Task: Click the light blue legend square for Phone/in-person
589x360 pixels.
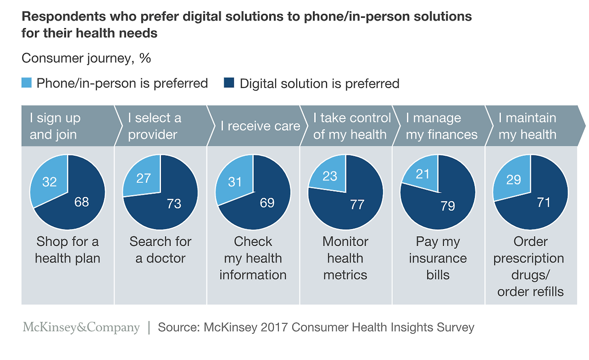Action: pyautogui.click(x=27, y=83)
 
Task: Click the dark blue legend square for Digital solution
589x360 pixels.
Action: pyautogui.click(x=229, y=83)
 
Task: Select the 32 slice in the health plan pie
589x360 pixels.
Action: pyautogui.click(x=49, y=181)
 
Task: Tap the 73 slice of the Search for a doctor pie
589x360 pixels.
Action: pyautogui.click(x=173, y=205)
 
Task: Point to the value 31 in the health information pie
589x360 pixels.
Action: pyautogui.click(x=235, y=182)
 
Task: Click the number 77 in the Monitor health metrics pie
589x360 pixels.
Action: pyautogui.click(x=357, y=205)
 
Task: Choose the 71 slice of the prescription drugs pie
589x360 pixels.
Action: pyautogui.click(x=543, y=202)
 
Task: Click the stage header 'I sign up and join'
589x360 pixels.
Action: pyautogui.click(x=55, y=126)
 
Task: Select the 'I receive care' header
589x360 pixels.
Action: pyautogui.click(x=260, y=126)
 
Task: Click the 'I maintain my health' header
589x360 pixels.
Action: pyautogui.click(x=527, y=126)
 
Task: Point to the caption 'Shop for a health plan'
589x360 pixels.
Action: pyautogui.click(x=68, y=250)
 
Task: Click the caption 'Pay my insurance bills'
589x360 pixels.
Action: pyautogui.click(x=438, y=258)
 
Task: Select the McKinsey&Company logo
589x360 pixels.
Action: pyautogui.click(x=81, y=327)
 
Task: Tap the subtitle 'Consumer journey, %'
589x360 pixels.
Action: pyautogui.click(x=87, y=58)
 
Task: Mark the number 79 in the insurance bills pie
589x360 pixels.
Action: pyautogui.click(x=447, y=206)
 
